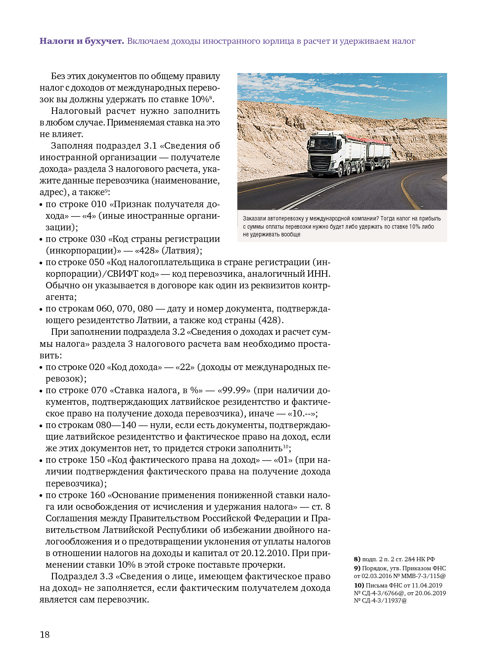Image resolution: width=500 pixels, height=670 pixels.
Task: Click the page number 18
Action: (45, 635)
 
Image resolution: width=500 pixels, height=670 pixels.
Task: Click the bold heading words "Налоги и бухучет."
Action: (82, 41)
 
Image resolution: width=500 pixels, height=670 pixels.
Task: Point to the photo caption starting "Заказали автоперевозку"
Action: (341, 226)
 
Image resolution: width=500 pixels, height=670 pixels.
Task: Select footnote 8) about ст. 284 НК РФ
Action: (394, 559)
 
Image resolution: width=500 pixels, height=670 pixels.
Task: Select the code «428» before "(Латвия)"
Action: (147, 251)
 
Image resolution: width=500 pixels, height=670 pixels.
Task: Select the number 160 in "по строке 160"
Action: (98, 495)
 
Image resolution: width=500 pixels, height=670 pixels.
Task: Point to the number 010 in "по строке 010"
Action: (98, 204)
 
